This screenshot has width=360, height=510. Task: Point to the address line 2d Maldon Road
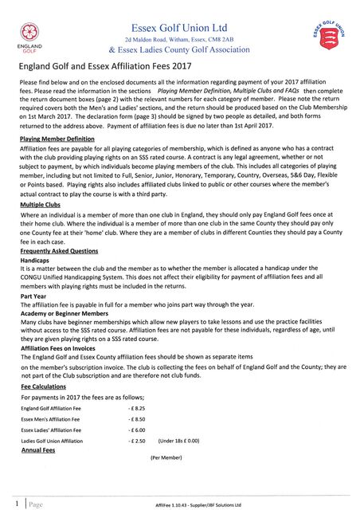178,39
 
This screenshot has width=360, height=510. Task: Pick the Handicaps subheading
34,261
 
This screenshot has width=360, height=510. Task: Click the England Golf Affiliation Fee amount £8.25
135,408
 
